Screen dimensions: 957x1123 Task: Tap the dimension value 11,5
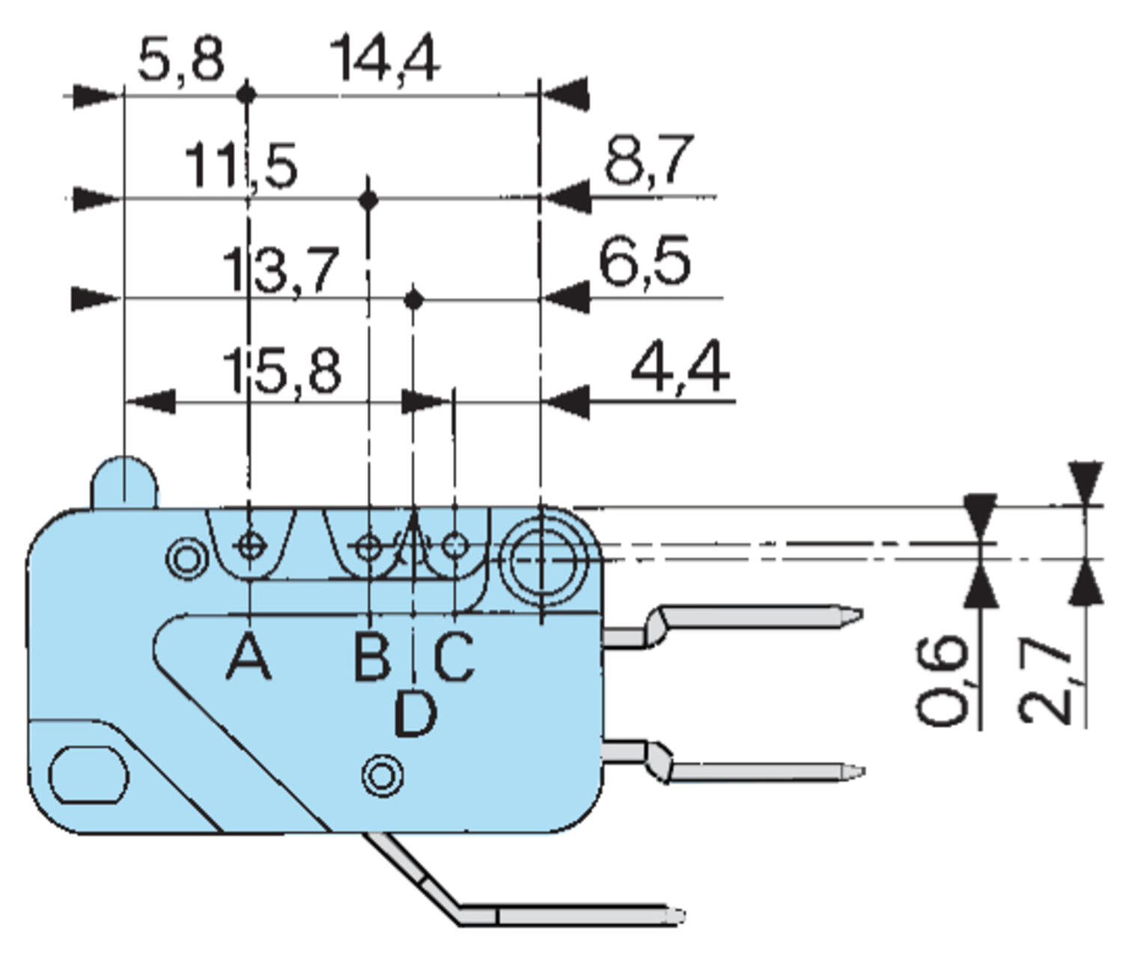[x=241, y=165]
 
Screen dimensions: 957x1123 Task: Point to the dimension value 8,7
[x=648, y=159]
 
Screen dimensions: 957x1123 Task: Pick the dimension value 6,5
[x=645, y=262]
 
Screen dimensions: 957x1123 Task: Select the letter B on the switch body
[x=371, y=656]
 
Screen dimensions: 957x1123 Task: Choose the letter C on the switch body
[x=453, y=656]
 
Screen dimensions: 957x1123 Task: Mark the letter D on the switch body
[x=415, y=713]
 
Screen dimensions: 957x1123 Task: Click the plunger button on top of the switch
[x=124, y=482]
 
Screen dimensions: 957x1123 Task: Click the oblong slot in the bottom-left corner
[x=88, y=774]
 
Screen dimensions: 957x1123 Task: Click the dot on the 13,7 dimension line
[x=414, y=300]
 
